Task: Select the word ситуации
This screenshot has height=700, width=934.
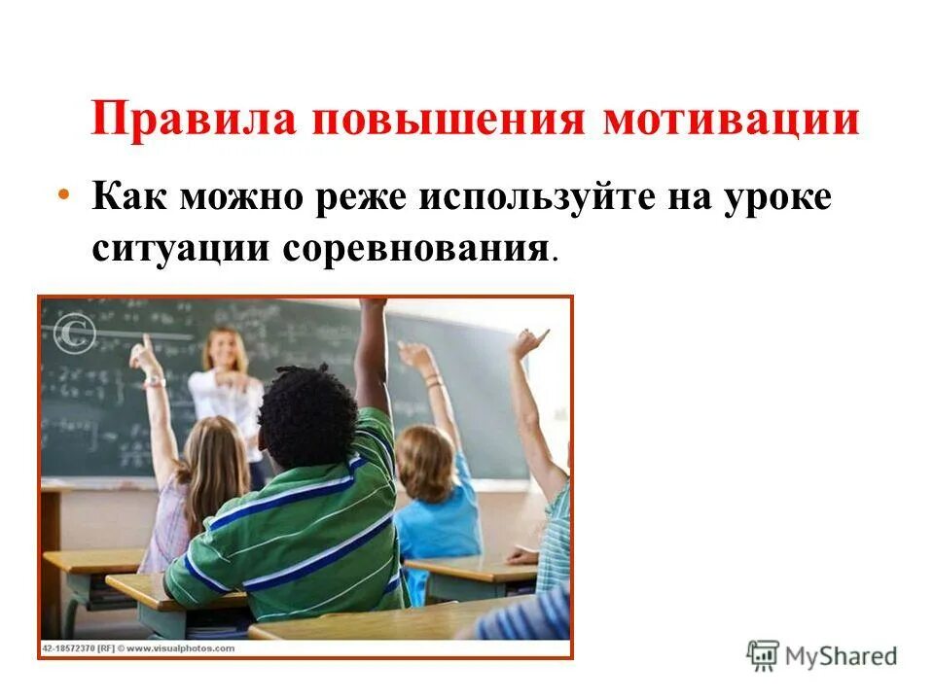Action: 182,247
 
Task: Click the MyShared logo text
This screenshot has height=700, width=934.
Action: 842,655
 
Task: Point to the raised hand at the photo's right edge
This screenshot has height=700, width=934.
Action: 529,342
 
